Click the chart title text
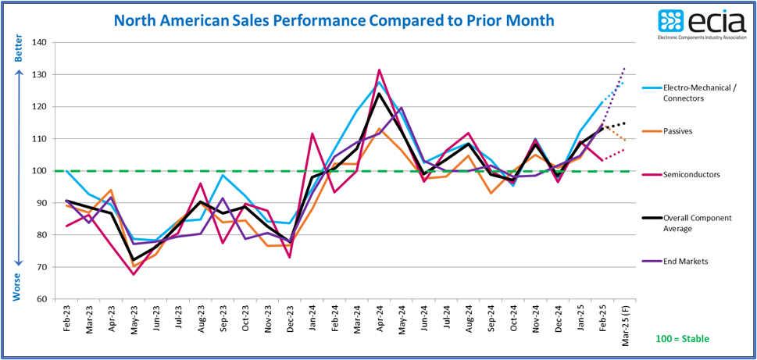coord(334,20)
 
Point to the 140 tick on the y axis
coord(40,43)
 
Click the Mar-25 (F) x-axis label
coord(624,328)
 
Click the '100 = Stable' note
coord(681,340)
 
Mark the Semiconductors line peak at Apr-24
coord(380,70)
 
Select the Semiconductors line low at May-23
coord(134,274)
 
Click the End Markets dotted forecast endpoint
coord(624,68)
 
